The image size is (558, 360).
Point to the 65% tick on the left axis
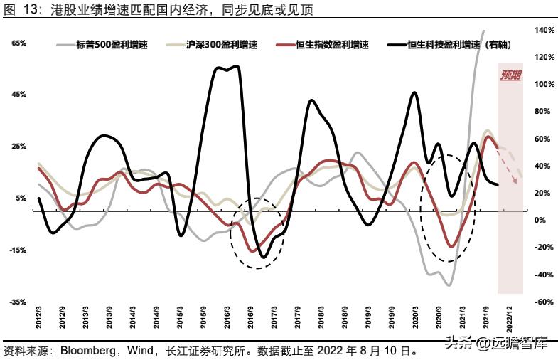tap(19, 43)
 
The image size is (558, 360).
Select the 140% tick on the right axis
tap(544, 31)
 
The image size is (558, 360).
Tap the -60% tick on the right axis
tap(544, 302)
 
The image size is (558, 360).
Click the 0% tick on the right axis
tap(541, 221)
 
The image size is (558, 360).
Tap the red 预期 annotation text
tap(511, 75)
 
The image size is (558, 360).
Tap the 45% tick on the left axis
tap(19, 95)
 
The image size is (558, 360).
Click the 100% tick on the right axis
tap(544, 85)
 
